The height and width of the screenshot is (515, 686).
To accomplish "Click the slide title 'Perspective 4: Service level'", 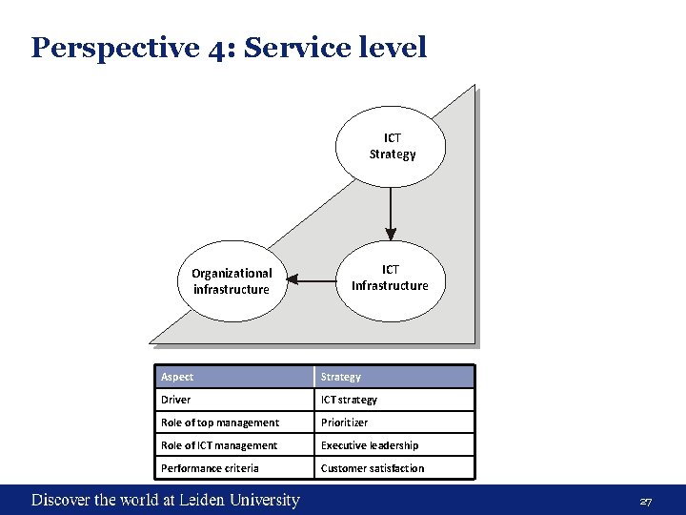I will (229, 48).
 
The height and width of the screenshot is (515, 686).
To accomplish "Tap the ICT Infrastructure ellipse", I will (391, 278).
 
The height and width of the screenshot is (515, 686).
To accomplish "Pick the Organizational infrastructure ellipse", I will (232, 280).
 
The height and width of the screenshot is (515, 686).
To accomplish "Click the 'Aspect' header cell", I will (234, 377).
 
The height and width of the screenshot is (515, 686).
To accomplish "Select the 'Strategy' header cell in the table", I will (393, 377).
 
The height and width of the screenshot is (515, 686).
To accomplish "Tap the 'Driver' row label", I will (234, 400).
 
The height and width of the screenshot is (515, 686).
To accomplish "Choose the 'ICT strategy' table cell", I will (393, 400).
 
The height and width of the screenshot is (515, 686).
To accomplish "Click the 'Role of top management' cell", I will (234, 422).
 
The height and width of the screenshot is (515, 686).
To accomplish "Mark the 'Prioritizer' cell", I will (393, 422).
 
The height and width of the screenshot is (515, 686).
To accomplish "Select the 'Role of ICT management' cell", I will (234, 445).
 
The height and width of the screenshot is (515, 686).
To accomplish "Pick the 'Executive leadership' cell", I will (393, 445).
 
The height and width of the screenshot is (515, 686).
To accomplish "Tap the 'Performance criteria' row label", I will (234, 468).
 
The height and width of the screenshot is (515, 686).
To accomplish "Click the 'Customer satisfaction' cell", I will (393, 468).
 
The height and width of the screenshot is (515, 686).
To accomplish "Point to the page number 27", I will (645, 502).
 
